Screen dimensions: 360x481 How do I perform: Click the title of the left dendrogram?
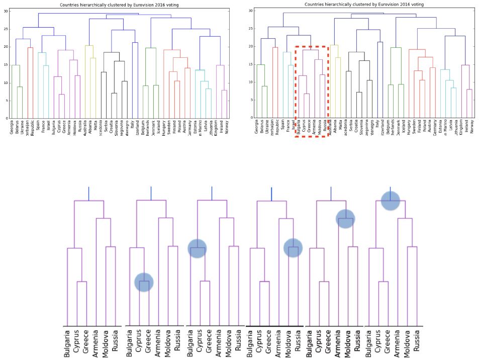tap(119, 5)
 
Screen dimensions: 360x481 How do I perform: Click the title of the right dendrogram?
tap(364, 5)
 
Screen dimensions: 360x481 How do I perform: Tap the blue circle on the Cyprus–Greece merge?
tap(144, 282)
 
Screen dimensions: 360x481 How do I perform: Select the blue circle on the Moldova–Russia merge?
tap(293, 247)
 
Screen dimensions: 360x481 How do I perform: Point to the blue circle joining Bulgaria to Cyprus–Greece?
tap(198, 248)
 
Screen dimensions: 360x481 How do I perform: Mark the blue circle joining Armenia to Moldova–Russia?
tap(345, 218)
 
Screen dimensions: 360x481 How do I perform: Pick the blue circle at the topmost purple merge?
tap(391, 201)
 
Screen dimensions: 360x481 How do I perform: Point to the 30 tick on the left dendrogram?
tap(6, 11)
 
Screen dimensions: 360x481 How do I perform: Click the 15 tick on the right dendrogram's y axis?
tap(251, 64)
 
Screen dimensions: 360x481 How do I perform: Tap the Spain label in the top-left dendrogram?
tap(38, 125)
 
